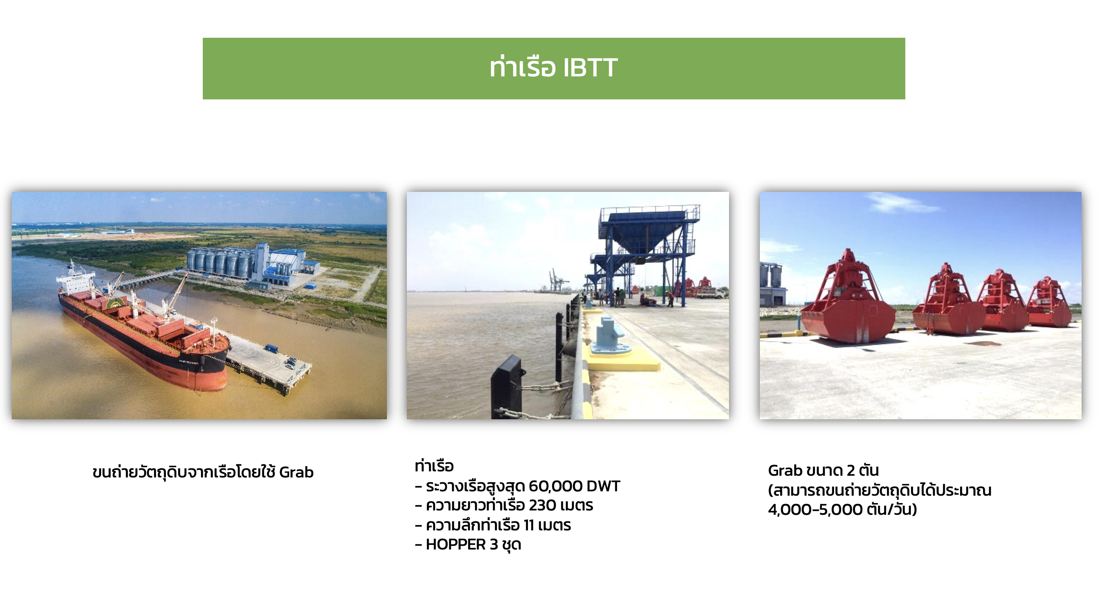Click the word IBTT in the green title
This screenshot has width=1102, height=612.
[590, 68]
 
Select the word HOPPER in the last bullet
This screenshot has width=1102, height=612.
[456, 544]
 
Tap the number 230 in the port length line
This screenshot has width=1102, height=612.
[542, 505]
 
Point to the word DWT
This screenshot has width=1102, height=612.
[603, 486]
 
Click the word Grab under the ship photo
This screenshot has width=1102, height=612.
[296, 472]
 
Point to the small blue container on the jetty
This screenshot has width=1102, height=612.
[271, 348]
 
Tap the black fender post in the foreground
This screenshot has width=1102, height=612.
[507, 386]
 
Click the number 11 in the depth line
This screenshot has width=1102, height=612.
[528, 525]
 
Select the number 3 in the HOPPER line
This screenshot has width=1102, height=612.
[494, 544]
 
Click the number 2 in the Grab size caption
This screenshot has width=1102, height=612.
[851, 471]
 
